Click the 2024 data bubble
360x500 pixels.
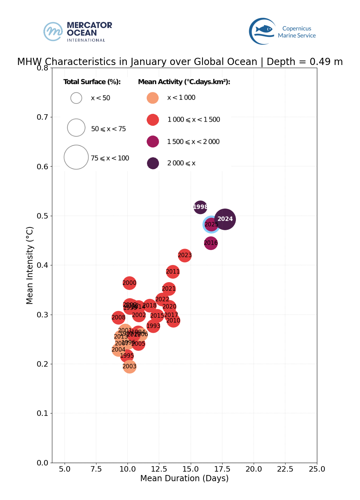click(225, 219)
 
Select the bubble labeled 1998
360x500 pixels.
click(200, 207)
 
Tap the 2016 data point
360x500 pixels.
click(211, 243)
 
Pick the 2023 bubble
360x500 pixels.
click(185, 255)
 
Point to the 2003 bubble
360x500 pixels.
click(130, 367)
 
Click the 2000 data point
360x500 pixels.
click(129, 283)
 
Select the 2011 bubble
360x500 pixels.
click(173, 272)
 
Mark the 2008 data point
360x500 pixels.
click(118, 318)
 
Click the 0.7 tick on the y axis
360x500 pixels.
click(43, 117)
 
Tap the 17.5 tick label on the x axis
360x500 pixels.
click(222, 469)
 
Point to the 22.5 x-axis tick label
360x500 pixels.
click(285, 469)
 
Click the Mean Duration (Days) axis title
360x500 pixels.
click(184, 478)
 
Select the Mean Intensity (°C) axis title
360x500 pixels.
click(30, 265)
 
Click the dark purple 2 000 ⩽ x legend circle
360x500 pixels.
click(153, 163)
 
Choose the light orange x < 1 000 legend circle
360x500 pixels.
click(152, 98)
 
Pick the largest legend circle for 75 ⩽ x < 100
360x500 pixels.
click(76, 157)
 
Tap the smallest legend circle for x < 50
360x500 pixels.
click(76, 98)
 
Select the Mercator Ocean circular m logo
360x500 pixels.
click(53, 31)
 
